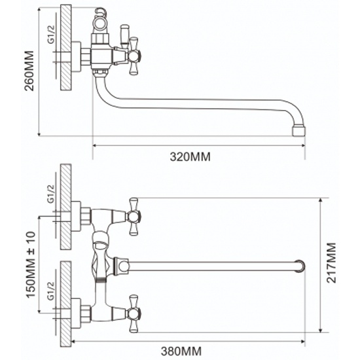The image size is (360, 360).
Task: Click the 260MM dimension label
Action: (29, 71)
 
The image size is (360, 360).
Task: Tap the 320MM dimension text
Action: (190, 157)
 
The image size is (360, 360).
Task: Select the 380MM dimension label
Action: (181, 351)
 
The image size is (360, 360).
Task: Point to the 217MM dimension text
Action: (331, 262)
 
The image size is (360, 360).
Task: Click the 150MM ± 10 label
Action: (31, 265)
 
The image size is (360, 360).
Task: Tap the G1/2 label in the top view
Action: (51, 34)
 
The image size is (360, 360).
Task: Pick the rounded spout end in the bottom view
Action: (300, 266)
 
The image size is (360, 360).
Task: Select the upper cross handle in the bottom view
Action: (134, 217)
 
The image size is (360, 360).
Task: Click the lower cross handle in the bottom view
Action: (134, 314)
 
